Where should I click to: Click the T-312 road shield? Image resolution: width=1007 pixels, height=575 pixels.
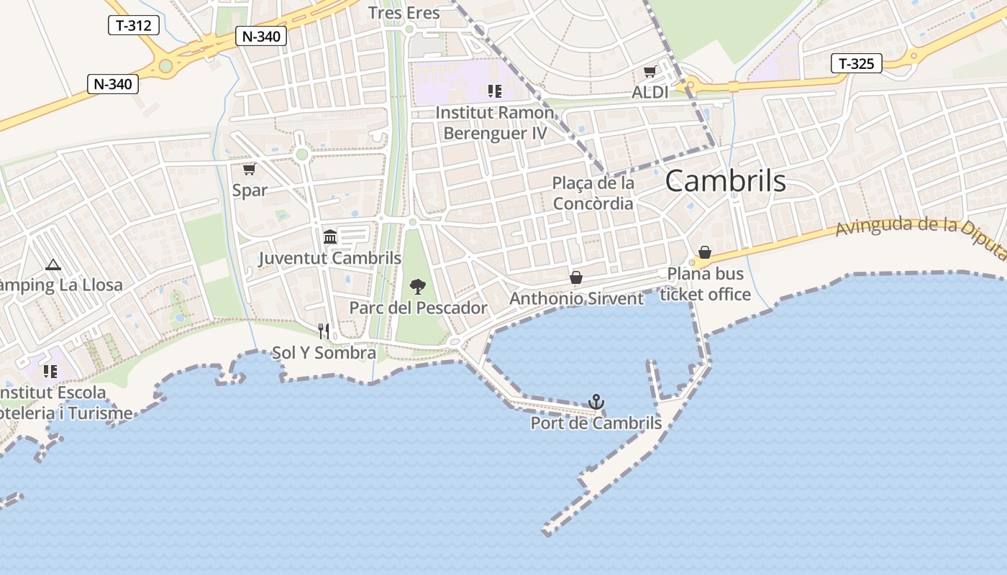pyautogui.click(x=133, y=25)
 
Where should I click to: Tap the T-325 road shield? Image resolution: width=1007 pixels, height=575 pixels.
pyautogui.click(x=856, y=63)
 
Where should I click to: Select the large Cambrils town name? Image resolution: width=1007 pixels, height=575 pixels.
pyautogui.click(x=725, y=181)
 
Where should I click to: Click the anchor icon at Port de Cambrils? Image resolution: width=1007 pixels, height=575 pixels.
pyautogui.click(x=596, y=402)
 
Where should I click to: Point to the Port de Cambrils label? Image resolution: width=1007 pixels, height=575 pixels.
pyautogui.click(x=596, y=423)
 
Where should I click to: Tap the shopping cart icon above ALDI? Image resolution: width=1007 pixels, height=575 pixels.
pyautogui.click(x=650, y=72)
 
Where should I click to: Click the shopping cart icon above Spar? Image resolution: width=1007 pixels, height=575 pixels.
pyautogui.click(x=249, y=169)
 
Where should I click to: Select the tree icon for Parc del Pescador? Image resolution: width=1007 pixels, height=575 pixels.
pyautogui.click(x=417, y=287)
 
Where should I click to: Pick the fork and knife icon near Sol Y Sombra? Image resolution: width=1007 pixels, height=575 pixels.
pyautogui.click(x=324, y=331)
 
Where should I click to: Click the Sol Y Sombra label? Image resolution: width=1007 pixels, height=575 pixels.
pyautogui.click(x=324, y=353)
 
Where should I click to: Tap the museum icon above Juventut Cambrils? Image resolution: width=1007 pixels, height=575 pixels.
pyautogui.click(x=330, y=236)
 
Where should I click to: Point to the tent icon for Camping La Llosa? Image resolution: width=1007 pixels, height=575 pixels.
pyautogui.click(x=53, y=265)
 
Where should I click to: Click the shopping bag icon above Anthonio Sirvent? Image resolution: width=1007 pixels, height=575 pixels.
pyautogui.click(x=576, y=277)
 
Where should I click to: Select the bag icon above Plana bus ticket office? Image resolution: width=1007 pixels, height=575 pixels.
pyautogui.click(x=705, y=252)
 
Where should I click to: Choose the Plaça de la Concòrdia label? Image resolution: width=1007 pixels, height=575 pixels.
pyautogui.click(x=593, y=193)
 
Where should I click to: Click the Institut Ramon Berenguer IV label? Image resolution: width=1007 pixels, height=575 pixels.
pyautogui.click(x=495, y=123)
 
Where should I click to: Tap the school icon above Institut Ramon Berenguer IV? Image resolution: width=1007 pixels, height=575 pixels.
pyautogui.click(x=494, y=91)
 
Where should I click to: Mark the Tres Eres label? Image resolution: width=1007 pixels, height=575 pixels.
pyautogui.click(x=404, y=13)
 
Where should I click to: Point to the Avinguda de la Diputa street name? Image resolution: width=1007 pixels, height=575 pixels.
pyautogui.click(x=921, y=234)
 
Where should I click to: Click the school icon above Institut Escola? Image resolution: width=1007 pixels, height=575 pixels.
pyautogui.click(x=50, y=371)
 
